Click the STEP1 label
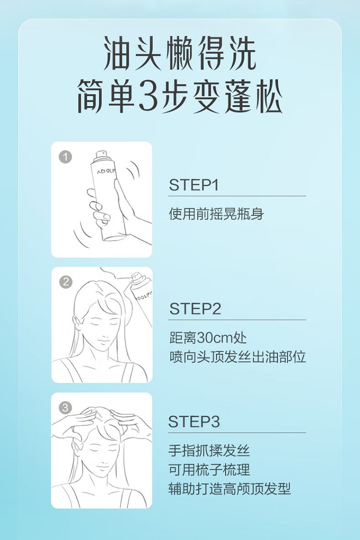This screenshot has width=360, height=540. [x=193, y=185]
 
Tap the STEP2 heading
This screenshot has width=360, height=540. [x=195, y=309]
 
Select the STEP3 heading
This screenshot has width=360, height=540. [x=194, y=421]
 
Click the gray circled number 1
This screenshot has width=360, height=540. [x=65, y=157]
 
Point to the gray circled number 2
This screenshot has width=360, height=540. [x=65, y=282]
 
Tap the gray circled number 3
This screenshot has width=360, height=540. [x=65, y=408]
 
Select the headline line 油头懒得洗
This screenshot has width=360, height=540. [x=180, y=54]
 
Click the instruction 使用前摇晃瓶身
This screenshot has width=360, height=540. [x=216, y=214]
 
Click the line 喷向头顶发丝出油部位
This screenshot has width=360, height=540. [x=238, y=357]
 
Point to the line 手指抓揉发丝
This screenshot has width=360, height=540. [x=209, y=450]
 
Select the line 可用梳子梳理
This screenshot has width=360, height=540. [x=209, y=469]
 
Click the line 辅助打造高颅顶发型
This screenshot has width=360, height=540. [x=229, y=489]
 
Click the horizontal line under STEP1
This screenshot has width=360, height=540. [x=237, y=196]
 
